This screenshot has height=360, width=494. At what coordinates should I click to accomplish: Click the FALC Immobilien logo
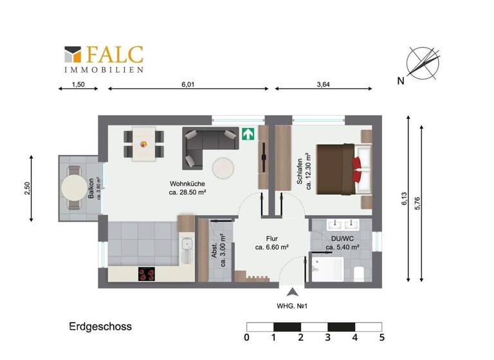[104, 59]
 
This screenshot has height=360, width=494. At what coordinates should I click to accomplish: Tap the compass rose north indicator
[422, 66]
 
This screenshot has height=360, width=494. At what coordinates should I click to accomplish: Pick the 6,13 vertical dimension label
[404, 199]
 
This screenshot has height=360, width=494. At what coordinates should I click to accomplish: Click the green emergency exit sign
[248, 134]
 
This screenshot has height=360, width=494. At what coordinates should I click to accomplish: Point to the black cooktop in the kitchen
[147, 274]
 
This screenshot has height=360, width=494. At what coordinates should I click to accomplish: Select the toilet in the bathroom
[360, 273]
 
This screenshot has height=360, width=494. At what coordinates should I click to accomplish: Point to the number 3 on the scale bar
[328, 337]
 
